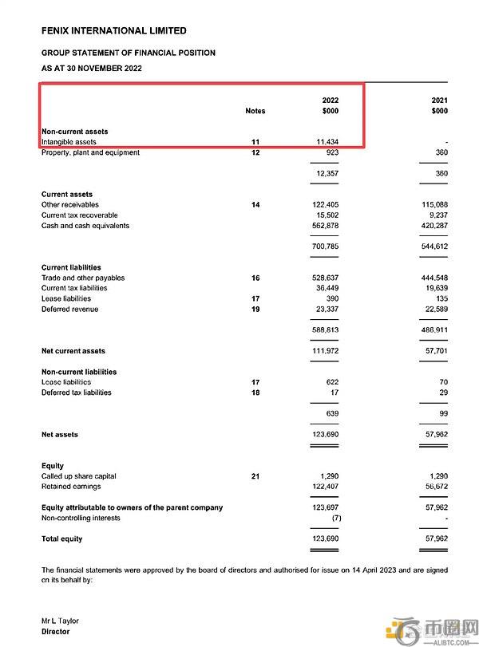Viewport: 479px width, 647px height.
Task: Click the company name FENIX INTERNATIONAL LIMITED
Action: point(113,31)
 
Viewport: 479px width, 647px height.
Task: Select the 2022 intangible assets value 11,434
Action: point(326,142)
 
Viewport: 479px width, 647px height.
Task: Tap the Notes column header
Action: point(255,111)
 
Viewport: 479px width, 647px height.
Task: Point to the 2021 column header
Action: point(439,101)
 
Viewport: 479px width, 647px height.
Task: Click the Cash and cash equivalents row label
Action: point(85,226)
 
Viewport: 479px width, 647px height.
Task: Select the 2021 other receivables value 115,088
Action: point(432,205)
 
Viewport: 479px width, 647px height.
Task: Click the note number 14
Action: point(255,205)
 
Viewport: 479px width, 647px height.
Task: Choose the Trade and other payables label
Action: point(83,278)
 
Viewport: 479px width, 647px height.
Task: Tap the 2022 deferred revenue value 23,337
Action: point(326,309)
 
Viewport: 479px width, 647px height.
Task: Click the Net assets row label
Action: point(60,435)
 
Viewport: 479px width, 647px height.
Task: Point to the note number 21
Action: point(255,476)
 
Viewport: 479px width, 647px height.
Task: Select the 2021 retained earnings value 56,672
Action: point(434,487)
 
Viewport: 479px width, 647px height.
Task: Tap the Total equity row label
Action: point(61,539)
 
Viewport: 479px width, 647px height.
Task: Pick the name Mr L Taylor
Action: point(60,621)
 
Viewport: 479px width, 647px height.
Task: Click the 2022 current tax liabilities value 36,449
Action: point(326,288)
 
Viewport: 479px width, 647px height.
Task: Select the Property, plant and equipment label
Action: point(90,152)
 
